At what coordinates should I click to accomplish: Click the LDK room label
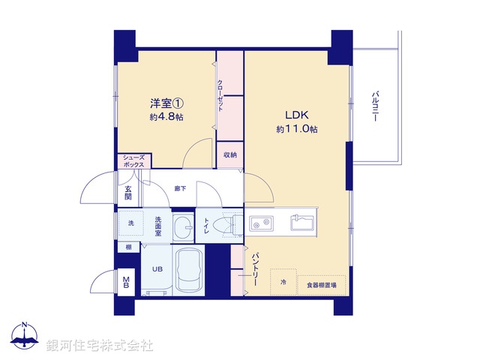pyautogui.click(x=296, y=115)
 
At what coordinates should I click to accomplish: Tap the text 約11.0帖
pyautogui.click(x=296, y=129)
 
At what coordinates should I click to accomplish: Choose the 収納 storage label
pyautogui.click(x=230, y=155)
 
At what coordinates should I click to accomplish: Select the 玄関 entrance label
pyautogui.click(x=128, y=193)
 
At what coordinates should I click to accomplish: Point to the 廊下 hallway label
pyautogui.click(x=180, y=189)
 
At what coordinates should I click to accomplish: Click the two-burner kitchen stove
pyautogui.click(x=262, y=223)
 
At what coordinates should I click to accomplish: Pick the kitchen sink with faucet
pyautogui.click(x=303, y=223)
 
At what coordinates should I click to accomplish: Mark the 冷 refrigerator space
pyautogui.click(x=283, y=283)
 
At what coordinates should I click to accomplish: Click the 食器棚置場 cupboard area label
pyautogui.click(x=322, y=285)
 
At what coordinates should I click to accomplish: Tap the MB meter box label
pyautogui.click(x=126, y=283)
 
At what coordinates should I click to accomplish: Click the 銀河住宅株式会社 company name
pyautogui.click(x=99, y=344)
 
